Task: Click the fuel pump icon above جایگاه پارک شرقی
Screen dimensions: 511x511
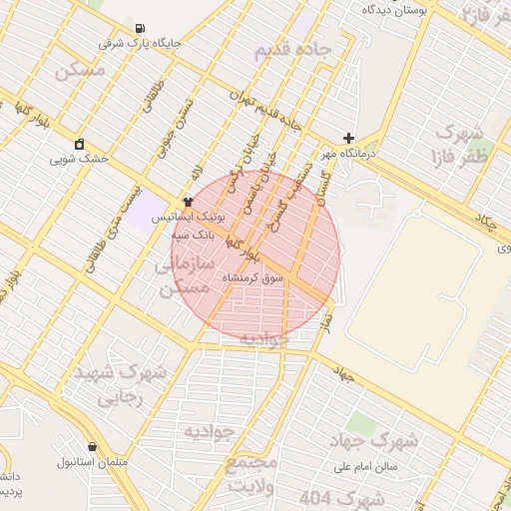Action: coord(138,28)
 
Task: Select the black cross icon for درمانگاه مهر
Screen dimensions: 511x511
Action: coord(348,138)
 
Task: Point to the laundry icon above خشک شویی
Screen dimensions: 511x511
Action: coord(80,144)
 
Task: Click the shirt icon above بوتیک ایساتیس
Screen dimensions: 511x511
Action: coord(189,203)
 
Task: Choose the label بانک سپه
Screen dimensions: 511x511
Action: coord(169,234)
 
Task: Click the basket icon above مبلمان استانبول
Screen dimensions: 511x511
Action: coord(93,447)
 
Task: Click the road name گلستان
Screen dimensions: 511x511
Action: coord(322,180)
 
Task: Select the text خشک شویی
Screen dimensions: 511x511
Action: coord(80,159)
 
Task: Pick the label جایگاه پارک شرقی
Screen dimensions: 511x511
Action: coord(140,44)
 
